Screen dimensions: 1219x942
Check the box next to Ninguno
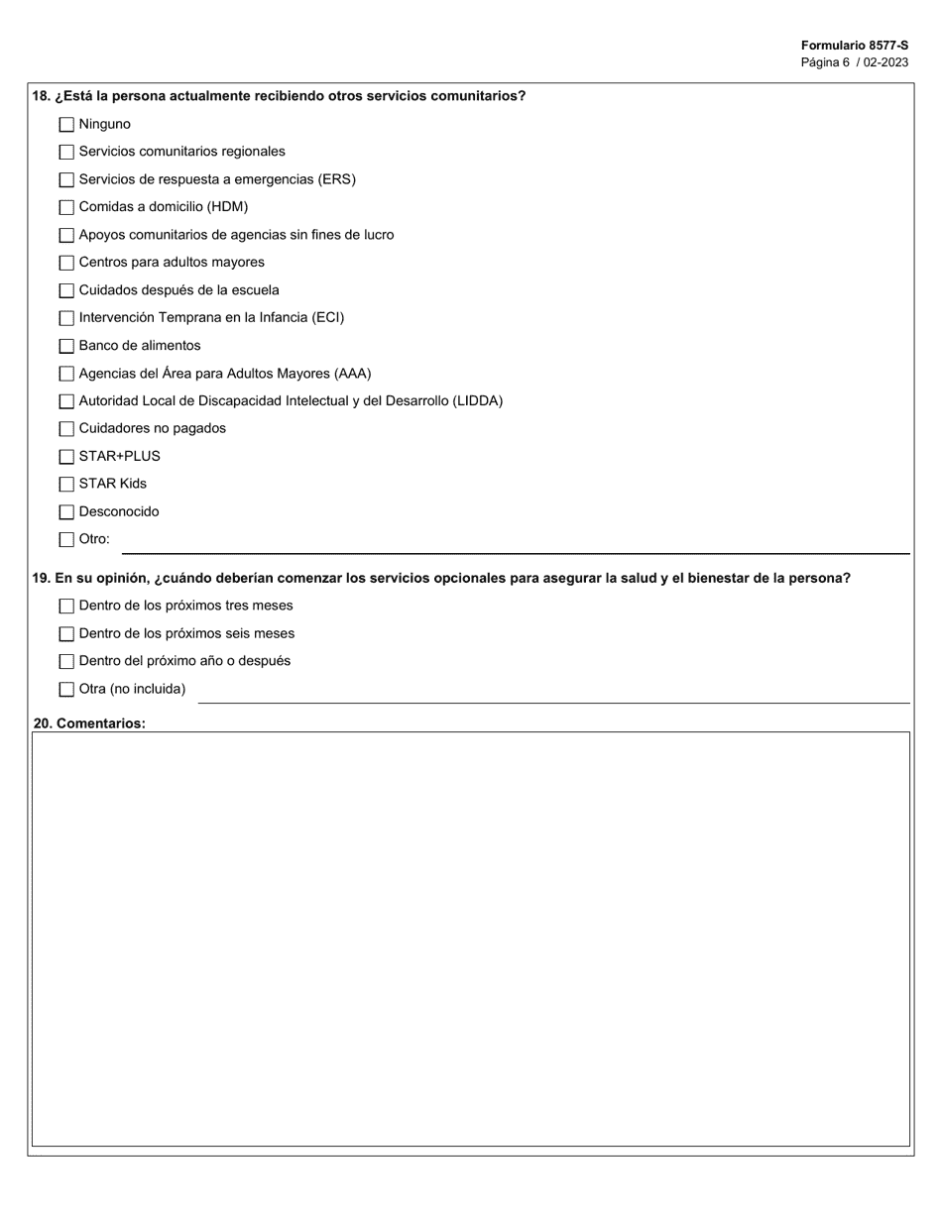[x=66, y=125]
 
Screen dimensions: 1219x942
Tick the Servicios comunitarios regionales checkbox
[x=66, y=153]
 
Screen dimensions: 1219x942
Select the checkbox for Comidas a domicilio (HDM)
[x=66, y=208]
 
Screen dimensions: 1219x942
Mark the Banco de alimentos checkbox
[x=66, y=346]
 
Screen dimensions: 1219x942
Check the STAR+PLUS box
[x=66, y=457]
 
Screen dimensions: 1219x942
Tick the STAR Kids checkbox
[x=66, y=485]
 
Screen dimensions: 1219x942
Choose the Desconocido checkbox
[x=66, y=512]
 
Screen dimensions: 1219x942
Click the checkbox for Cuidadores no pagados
[x=66, y=429]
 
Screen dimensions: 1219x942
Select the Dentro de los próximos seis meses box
[x=66, y=634]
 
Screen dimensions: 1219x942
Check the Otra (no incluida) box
[x=66, y=690]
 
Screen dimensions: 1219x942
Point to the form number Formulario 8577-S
[x=854, y=46]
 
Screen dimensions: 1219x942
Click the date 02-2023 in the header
[x=886, y=62]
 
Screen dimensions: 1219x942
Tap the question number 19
[x=41, y=579]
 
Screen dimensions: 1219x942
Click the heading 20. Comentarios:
[x=89, y=723]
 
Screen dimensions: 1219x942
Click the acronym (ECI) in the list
[x=327, y=318]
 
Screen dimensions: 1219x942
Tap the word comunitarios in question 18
[x=469, y=96]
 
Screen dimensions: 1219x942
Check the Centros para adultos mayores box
[x=66, y=264]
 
